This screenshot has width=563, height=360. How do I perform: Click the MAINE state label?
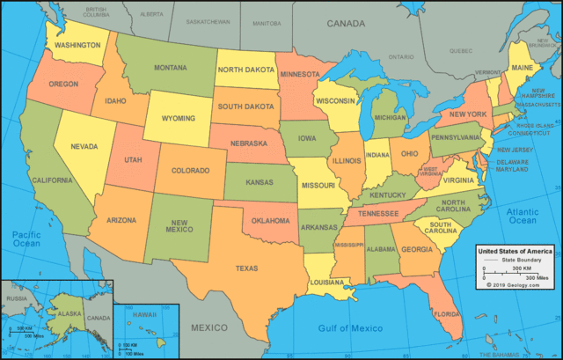(522, 67)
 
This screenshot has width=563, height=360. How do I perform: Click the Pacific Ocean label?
(26, 239)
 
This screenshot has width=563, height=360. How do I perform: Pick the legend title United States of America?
(514, 252)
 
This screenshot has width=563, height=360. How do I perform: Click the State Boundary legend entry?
(522, 261)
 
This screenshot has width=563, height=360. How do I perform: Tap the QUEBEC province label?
(464, 51)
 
